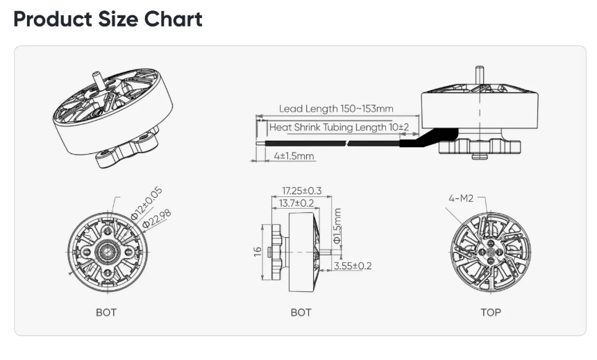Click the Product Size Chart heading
(108, 19)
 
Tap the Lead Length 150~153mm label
(336, 109)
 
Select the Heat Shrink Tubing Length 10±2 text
(339, 127)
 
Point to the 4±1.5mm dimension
(294, 156)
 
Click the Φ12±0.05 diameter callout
(146, 204)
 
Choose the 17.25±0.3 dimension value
(301, 191)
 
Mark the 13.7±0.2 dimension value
(296, 203)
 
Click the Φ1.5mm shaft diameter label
(337, 226)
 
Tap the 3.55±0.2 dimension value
(353, 266)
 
